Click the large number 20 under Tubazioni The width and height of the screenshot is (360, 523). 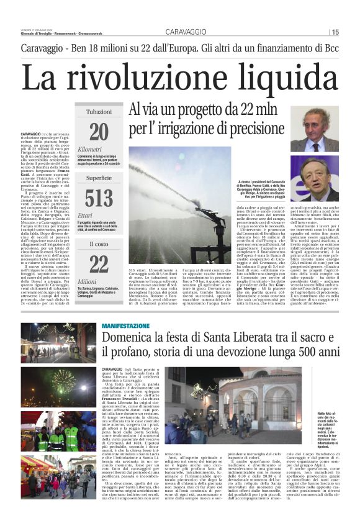[98, 132]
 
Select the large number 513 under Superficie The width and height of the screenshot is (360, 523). [98, 198]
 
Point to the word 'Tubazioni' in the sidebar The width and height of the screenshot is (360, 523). [99, 112]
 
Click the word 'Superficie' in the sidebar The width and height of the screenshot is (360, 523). [99, 178]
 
